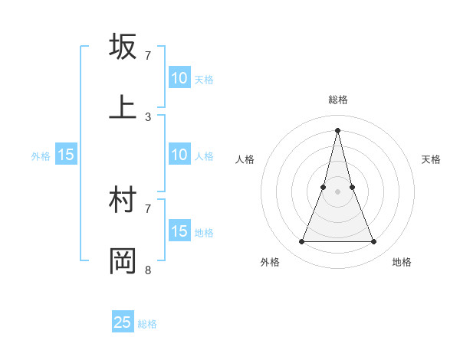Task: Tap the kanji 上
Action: (123, 107)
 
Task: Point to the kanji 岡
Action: (123, 260)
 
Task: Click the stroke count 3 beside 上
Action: (148, 117)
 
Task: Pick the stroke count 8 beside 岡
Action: (148, 270)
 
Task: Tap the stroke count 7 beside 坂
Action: (148, 56)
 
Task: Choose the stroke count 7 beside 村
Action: (148, 208)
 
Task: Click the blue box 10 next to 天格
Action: (179, 78)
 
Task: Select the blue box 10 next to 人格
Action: (179, 155)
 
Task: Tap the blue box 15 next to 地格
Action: (179, 231)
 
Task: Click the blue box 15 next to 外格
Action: (66, 155)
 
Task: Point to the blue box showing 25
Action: (123, 322)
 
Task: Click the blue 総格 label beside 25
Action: (147, 324)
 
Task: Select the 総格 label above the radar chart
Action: (337, 100)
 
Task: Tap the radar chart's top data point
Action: (337, 129)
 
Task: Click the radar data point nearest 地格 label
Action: (374, 242)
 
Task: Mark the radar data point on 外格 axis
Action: (301, 242)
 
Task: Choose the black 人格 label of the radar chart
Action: (245, 159)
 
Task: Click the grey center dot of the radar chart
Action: (337, 191)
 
